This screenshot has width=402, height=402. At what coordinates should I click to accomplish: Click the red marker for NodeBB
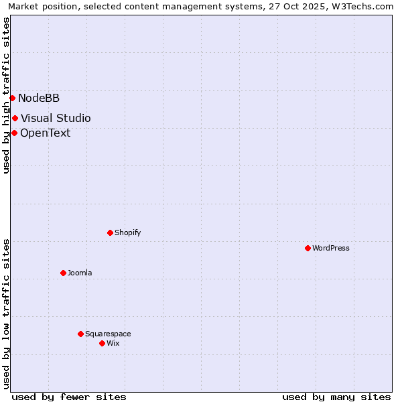point(12,98)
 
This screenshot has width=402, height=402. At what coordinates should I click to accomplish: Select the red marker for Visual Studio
point(15,119)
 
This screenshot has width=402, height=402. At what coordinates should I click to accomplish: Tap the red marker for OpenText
point(14,133)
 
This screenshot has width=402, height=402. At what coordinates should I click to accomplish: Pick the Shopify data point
point(110,232)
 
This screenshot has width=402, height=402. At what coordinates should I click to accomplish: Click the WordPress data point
point(308,248)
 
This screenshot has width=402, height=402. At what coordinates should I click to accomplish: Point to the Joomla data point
point(63,273)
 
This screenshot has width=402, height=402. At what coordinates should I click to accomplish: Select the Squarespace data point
point(80,334)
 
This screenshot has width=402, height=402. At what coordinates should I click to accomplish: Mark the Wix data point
point(102,343)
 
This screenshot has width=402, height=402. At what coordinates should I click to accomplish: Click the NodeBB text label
point(39,98)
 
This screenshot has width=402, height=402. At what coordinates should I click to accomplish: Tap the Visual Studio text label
point(56,119)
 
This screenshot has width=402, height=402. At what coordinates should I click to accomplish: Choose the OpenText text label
point(45,133)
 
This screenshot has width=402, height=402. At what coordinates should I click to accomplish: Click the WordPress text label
point(331,248)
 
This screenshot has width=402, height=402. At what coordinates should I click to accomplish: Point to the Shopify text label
point(127,232)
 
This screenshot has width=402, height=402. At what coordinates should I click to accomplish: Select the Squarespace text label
point(108,334)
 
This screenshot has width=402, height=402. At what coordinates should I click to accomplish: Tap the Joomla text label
point(80,273)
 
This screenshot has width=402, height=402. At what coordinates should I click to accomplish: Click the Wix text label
point(113,343)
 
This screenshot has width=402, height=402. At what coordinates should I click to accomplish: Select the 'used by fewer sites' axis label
point(69,397)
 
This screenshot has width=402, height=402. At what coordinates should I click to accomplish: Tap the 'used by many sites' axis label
point(336,397)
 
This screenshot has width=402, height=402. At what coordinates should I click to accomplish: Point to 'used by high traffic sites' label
point(6,95)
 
